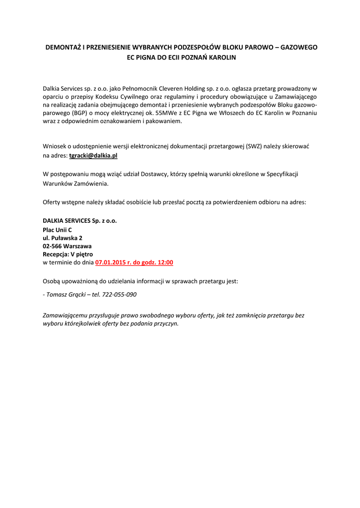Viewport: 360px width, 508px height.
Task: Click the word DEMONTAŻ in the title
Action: [63, 48]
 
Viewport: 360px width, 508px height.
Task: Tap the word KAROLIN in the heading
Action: [223, 58]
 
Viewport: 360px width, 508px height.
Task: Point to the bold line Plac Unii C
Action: [57, 230]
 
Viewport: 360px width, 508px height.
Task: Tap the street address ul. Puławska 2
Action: [62, 238]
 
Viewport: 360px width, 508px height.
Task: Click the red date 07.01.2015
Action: [110, 262]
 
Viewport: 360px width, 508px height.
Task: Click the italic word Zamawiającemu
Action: [67, 315]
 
